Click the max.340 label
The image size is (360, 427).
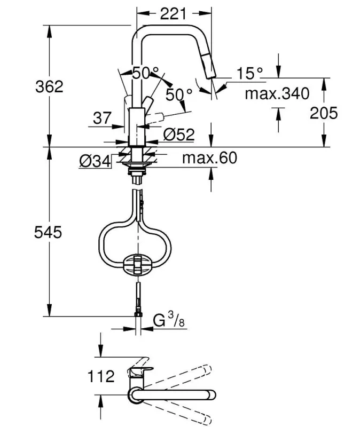pos(277,94)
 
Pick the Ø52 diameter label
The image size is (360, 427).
pos(176,133)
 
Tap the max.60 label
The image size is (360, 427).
pos(209,158)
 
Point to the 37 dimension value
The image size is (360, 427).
pos(102,118)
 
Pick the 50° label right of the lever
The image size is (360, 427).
pos(178,94)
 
